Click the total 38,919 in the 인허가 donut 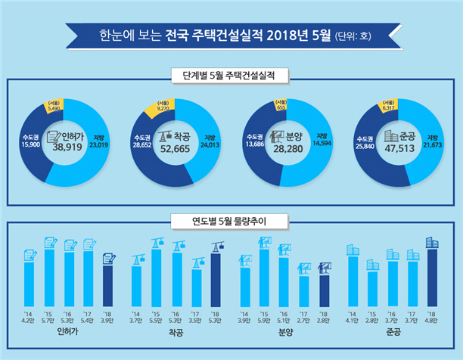click(x=67, y=147)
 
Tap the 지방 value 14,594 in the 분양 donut click(x=322, y=144)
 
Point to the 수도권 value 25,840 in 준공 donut click(x=365, y=146)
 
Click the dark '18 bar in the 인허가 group click(x=107, y=286)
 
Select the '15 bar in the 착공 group click(x=156, y=278)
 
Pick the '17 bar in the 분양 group click(x=304, y=291)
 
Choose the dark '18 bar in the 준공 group click(x=432, y=278)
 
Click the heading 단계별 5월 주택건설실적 click(x=228, y=76)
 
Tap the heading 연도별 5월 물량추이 click(x=229, y=221)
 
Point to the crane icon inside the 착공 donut click(x=165, y=136)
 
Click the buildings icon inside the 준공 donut click(x=391, y=136)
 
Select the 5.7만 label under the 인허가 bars click(x=48, y=321)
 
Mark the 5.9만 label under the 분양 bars click(x=264, y=321)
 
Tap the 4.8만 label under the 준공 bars click(x=431, y=321)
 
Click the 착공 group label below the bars click(x=176, y=333)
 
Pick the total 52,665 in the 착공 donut click(x=175, y=149)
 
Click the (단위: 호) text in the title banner click(x=353, y=36)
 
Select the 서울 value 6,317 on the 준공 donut click(x=389, y=108)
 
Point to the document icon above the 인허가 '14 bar click(x=30, y=255)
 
